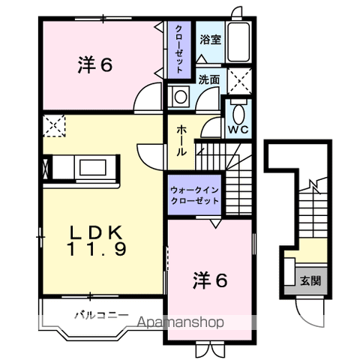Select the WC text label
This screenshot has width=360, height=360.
(x=238, y=128)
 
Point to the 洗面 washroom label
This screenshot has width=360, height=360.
(x=209, y=79)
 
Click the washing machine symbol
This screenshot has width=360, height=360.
(x=181, y=96)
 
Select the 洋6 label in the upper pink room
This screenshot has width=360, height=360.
(x=95, y=66)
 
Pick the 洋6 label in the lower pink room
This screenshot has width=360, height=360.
(x=209, y=281)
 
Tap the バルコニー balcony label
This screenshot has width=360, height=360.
(x=100, y=315)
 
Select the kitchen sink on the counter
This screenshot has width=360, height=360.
(x=94, y=167)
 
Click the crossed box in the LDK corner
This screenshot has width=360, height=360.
(x=54, y=125)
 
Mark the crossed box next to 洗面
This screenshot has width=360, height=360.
(x=240, y=79)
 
